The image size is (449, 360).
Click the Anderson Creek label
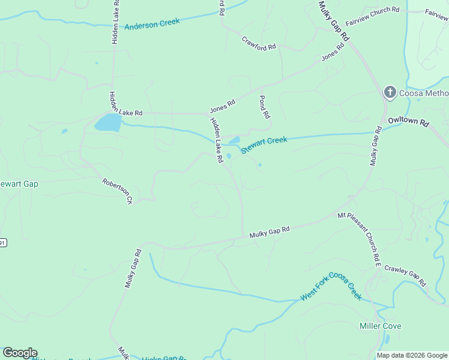152,24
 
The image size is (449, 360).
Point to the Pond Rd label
264,106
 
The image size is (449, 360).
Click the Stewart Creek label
264,145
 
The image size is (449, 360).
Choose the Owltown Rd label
409,121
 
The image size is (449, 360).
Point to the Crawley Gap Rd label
405,276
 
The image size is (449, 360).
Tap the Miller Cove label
380,326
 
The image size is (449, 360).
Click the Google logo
20,353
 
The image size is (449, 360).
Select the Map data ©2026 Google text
412,355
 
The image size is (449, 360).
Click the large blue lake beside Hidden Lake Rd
108,123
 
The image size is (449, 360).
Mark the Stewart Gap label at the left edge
18,184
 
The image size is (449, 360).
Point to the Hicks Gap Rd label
163,358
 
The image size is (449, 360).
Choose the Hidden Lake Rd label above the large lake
125,103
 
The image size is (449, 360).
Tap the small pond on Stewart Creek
234,141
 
